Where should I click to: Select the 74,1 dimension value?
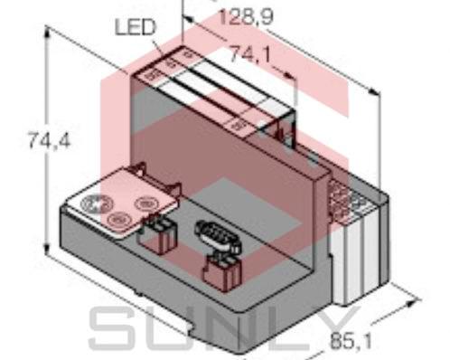pyautogui.click(x=248, y=55)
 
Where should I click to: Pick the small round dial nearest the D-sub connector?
pyautogui.click(x=143, y=205)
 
